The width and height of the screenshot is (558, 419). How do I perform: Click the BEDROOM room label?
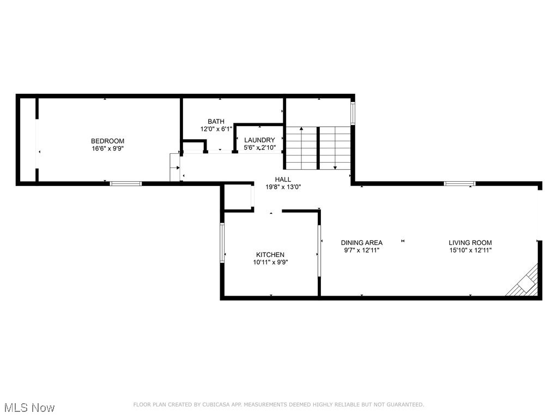tap(107, 141)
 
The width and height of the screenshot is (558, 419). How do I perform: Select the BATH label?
tap(216, 122)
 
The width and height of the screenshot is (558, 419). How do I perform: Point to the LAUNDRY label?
tap(259, 140)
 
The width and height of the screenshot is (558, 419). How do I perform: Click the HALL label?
tap(283, 179)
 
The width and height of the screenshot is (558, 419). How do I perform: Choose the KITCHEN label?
tap(270, 255)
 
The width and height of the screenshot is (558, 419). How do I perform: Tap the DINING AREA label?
tap(362, 243)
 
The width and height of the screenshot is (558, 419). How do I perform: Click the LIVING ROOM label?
tap(470, 243)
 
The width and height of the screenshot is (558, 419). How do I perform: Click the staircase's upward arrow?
tap(301, 131)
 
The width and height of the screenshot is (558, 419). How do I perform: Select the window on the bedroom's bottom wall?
tap(126, 183)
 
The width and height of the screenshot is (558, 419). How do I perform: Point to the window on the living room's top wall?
tap(459, 183)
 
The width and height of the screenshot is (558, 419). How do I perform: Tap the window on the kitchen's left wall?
tap(222, 242)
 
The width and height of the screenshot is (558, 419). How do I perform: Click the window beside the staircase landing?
tap(353, 113)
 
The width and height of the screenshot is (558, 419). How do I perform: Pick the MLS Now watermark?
tap(29, 408)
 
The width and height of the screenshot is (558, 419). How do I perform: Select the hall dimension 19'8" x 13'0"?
tap(283, 187)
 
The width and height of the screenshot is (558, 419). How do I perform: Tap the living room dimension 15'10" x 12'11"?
tap(470, 250)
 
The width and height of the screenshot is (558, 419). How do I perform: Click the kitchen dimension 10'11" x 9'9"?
tap(270, 262)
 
